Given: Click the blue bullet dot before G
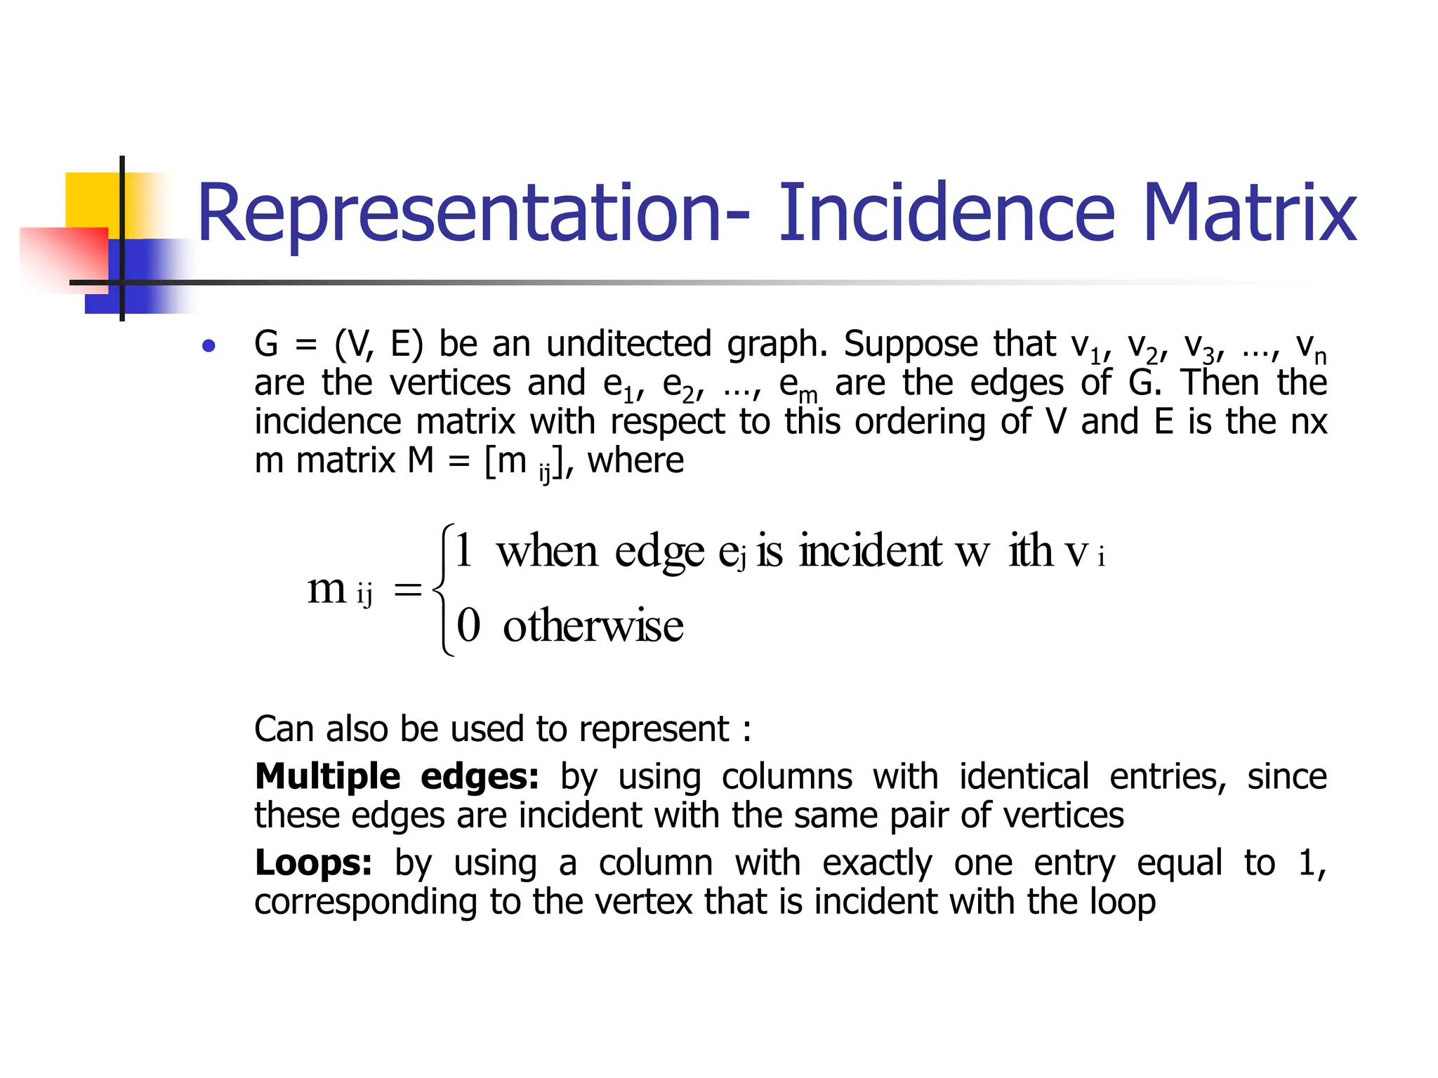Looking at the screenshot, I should [x=208, y=346].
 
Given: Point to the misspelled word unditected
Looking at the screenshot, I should [x=628, y=345].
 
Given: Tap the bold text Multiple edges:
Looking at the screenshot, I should [x=397, y=777].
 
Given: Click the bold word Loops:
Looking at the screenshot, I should [x=313, y=863].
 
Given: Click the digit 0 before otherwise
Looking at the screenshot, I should [x=468, y=625].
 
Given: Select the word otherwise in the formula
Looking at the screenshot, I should [x=593, y=625].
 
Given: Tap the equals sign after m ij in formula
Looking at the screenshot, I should [x=407, y=590].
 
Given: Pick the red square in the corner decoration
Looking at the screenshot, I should [x=63, y=256].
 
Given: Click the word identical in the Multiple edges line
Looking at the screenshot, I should [x=1024, y=777].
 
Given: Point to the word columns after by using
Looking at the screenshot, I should [x=787, y=777].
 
